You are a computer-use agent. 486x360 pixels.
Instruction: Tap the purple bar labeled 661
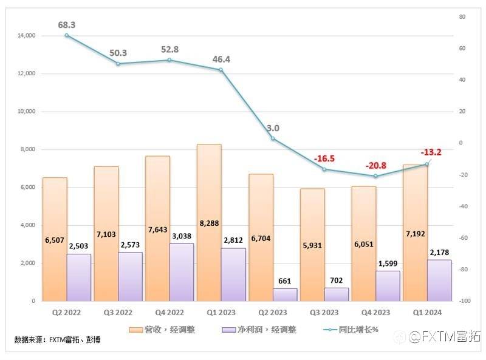[285, 295]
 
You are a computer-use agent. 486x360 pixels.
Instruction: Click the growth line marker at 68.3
[66, 35]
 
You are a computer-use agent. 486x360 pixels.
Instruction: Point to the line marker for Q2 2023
[273, 138]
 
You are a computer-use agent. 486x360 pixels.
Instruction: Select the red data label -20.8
[377, 165]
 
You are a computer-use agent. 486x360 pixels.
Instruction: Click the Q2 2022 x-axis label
[66, 313]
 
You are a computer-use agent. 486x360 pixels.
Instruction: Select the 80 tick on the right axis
[462, 17]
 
